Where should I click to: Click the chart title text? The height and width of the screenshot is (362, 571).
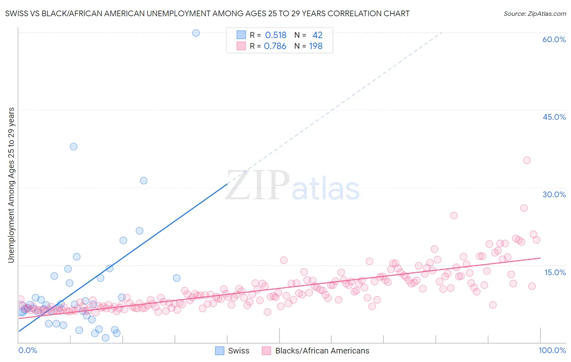click(207, 13)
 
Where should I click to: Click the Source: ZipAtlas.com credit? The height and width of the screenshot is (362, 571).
click(534, 13)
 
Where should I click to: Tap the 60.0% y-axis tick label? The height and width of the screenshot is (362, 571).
click(554, 39)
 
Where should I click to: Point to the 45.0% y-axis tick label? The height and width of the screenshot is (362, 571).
click(554, 117)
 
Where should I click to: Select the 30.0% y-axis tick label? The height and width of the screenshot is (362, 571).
click(554, 194)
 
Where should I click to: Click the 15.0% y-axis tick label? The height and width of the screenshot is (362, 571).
click(555, 272)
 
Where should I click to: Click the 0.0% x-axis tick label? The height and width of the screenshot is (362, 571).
click(28, 350)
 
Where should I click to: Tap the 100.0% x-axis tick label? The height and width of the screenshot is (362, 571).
click(552, 350)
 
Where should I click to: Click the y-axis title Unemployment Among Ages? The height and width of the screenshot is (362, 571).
click(11, 185)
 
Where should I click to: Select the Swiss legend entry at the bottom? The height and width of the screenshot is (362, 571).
click(232, 351)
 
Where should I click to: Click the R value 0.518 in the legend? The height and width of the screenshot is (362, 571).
click(275, 35)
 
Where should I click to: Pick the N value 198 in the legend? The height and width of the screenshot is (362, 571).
click(316, 46)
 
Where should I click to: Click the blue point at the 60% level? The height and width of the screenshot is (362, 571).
click(196, 33)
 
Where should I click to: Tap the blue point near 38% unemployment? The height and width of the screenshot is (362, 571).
click(74, 147)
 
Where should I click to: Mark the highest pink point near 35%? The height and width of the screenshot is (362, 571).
click(527, 160)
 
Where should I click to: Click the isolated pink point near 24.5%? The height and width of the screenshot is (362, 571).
click(454, 215)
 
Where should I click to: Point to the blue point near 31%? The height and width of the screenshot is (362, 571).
click(143, 181)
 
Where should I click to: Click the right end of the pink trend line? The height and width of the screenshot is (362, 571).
click(540, 258)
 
